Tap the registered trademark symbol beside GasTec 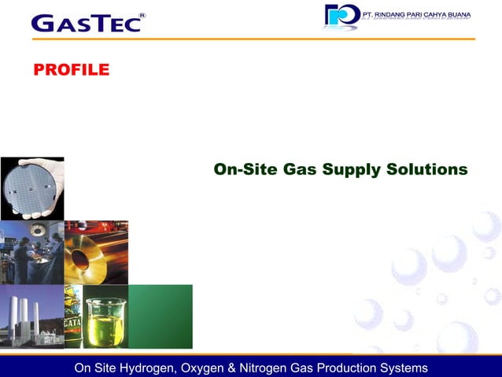[x=142, y=15]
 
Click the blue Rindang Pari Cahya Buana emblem [x=341, y=16]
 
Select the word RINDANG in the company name [x=399, y=14]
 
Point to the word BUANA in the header [x=456, y=14]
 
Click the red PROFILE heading [x=71, y=70]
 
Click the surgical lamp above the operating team [x=36, y=229]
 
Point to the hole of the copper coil [x=81, y=257]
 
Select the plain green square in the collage [x=161, y=316]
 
